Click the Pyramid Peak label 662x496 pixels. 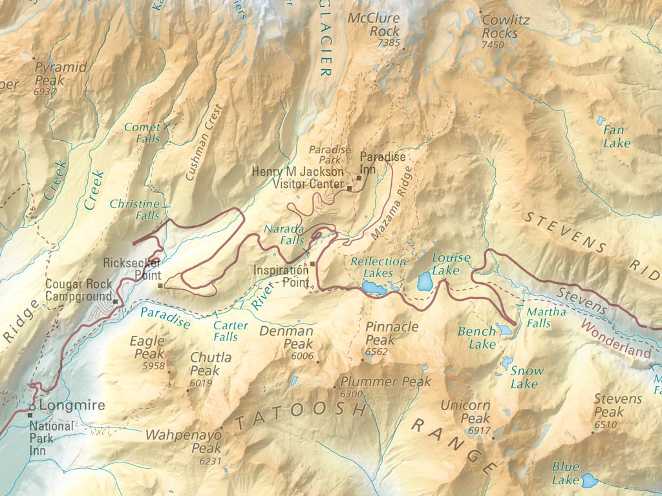tap(52, 74)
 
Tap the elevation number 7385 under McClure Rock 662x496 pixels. tap(389, 44)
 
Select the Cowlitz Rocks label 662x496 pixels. tap(505, 26)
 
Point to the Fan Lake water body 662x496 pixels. tap(601, 120)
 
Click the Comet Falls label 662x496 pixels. tap(142, 133)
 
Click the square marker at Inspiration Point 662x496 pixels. tap(312, 264)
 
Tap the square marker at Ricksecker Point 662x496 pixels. tap(160, 285)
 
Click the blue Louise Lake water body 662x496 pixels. tap(425, 282)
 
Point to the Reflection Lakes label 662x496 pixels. tap(378, 267)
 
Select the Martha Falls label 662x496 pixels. tap(546, 317)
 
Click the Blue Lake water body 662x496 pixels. tap(589, 480)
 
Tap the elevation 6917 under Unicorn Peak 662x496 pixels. tap(479, 431)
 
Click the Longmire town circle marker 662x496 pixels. tap(30, 407)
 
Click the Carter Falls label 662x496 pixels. tap(230, 331)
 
